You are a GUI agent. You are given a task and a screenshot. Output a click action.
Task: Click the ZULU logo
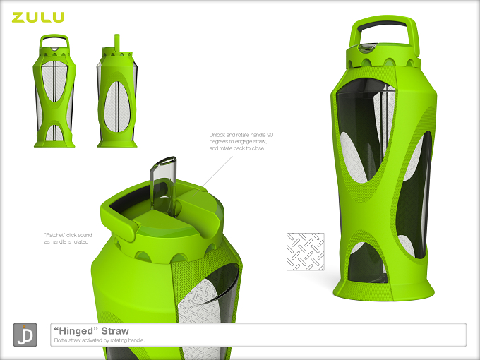click(38, 17)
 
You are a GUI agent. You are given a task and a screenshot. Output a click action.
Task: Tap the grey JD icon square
click(25, 335)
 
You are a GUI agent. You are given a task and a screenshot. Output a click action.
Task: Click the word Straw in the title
click(115, 331)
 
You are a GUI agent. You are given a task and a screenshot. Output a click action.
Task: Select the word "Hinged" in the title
click(76, 331)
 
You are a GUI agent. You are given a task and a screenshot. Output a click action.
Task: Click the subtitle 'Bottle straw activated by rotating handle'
click(100, 340)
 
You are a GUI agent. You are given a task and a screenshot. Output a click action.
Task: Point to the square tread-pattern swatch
click(305, 251)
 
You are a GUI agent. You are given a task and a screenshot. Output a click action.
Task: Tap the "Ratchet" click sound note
click(68, 239)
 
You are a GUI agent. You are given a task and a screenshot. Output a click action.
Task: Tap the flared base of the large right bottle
click(384, 292)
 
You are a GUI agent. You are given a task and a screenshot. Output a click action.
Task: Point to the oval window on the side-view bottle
click(116, 107)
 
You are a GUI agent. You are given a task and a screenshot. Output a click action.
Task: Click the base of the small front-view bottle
click(54, 143)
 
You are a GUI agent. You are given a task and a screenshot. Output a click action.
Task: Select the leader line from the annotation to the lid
click(217, 172)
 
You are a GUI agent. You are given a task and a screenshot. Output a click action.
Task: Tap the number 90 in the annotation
click(270, 135)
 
